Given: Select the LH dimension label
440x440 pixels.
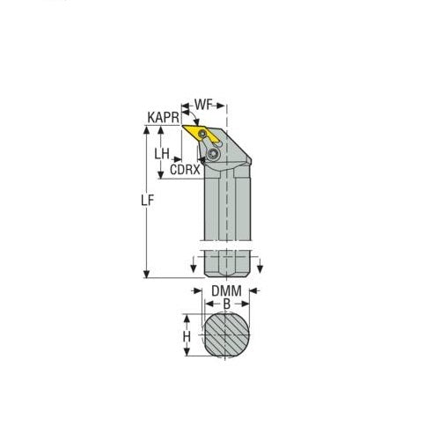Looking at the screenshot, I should [x=162, y=152].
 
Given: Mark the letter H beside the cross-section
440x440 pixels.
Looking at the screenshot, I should [x=187, y=335].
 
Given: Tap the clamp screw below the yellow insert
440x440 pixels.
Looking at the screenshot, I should [x=213, y=154].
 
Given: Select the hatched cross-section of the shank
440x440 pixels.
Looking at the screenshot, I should [x=228, y=336].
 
